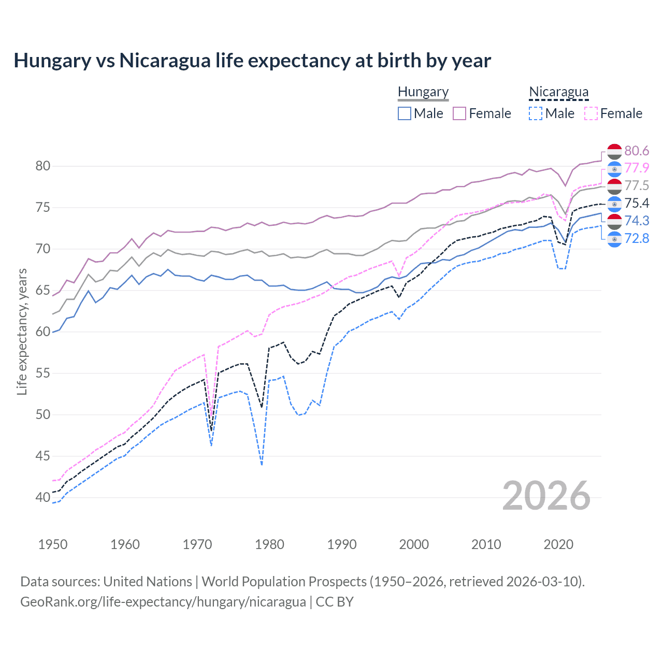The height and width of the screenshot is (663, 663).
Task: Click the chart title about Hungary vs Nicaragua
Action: click(252, 61)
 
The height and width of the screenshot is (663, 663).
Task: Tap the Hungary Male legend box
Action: click(405, 113)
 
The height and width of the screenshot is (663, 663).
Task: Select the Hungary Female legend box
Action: click(459, 113)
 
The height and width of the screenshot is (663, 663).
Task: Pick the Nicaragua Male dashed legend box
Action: click(536, 113)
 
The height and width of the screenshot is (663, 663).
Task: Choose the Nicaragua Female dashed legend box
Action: click(591, 113)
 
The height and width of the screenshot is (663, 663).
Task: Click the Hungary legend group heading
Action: click(423, 92)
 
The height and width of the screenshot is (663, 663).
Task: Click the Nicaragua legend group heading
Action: click(558, 92)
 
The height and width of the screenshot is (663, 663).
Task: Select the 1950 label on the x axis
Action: click(53, 544)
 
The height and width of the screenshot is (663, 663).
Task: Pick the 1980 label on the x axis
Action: click(269, 544)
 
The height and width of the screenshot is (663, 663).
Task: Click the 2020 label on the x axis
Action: click(558, 544)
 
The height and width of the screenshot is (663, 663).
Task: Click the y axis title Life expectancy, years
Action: click(22, 331)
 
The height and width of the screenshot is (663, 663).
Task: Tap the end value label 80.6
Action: click(637, 151)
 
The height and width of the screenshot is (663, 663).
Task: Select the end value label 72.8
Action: click(637, 238)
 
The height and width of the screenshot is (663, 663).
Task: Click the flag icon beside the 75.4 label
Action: click(614, 204)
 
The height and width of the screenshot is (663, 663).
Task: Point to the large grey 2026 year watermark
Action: click(546, 496)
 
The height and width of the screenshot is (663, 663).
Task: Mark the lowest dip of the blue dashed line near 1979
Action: click(262, 465)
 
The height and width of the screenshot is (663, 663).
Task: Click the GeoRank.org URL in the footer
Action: click(163, 602)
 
